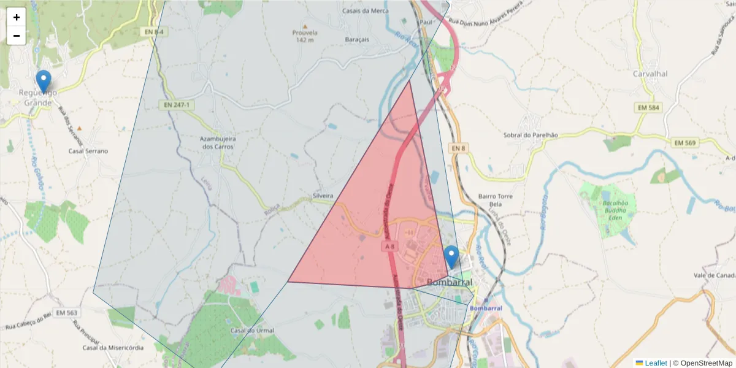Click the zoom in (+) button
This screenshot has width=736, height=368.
point(17,17)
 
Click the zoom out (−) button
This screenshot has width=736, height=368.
point(17,36)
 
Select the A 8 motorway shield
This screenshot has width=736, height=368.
point(390,246)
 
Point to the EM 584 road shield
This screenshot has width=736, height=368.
point(649,107)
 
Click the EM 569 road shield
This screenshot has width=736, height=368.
point(686,142)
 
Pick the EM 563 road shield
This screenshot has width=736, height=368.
point(66,313)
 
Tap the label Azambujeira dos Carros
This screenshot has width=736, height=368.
point(218,142)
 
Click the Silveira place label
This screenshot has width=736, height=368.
point(323,196)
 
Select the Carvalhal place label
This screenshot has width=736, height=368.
point(650,74)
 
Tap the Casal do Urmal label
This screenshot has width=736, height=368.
point(252,331)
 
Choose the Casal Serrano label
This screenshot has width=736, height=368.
point(88,151)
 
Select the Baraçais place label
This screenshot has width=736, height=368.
point(356,39)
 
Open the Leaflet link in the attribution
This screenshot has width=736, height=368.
point(655,363)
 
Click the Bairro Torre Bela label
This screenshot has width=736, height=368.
point(495,200)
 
